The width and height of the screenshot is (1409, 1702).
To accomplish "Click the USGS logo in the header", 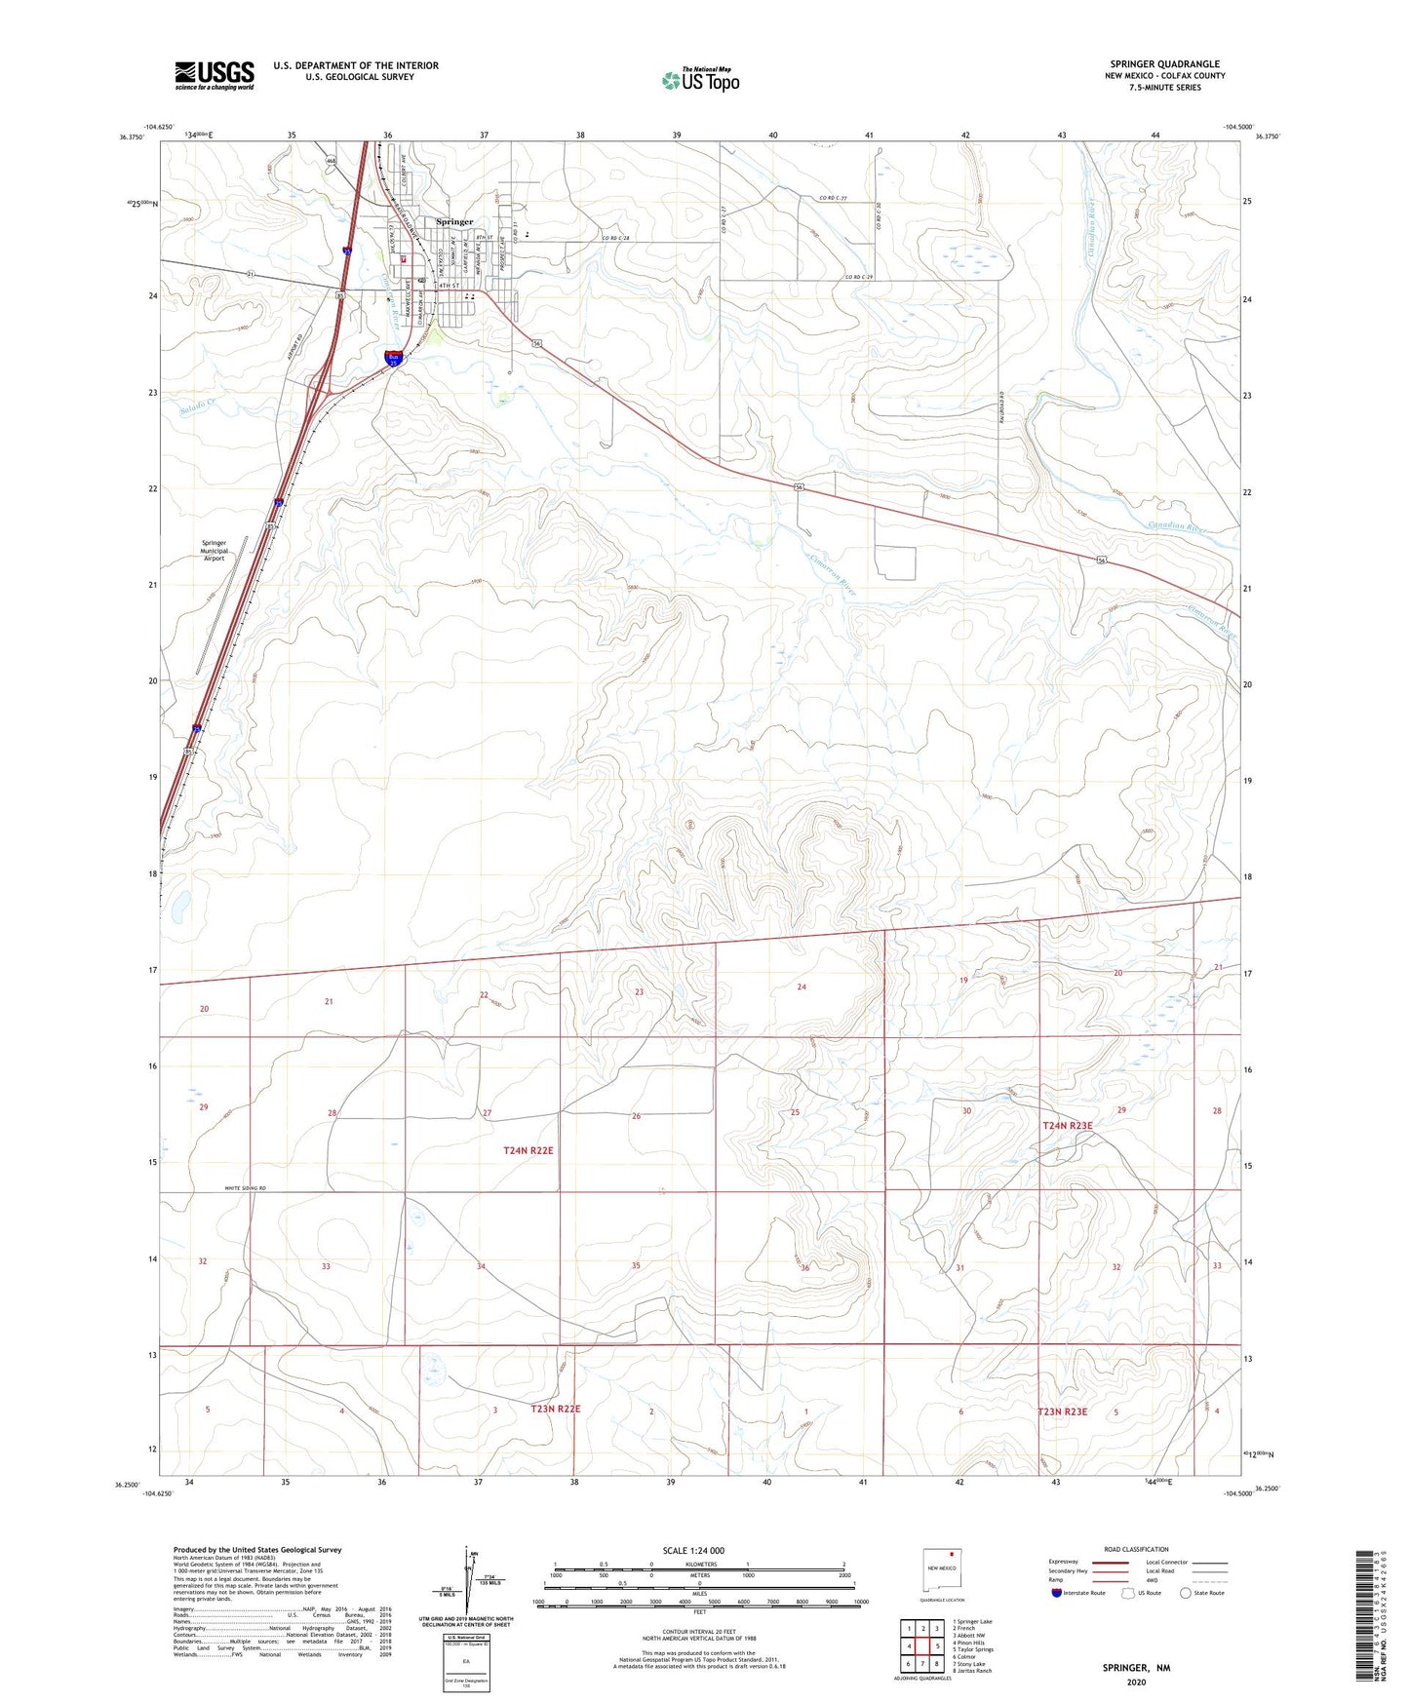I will click(215, 75).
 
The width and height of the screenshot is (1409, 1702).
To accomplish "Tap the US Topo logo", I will click(700, 80).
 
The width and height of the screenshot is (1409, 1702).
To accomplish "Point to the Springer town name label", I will click(454, 222).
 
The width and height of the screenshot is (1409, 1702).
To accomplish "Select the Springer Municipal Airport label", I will click(214, 551).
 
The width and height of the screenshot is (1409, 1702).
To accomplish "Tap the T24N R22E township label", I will click(528, 1150).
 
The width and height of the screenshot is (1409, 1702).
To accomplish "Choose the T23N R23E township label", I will click(1062, 1412).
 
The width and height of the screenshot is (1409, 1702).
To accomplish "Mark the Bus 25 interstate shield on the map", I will click(393, 358).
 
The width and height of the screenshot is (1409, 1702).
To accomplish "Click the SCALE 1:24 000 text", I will click(693, 1551).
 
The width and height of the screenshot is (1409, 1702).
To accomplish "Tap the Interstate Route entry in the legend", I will click(1078, 1593).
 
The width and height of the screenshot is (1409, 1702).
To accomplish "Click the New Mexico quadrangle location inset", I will click(942, 1571).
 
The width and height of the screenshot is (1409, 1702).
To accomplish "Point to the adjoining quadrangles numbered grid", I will click(921, 1648).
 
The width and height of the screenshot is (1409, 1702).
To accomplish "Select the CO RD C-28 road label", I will click(616, 239).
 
